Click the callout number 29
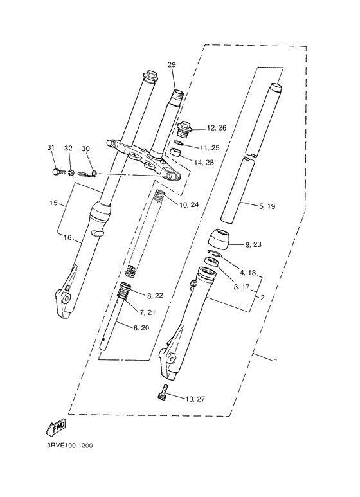(172, 64)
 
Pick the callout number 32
(69, 149)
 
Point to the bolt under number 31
(56, 172)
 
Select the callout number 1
(276, 361)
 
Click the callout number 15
(54, 203)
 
